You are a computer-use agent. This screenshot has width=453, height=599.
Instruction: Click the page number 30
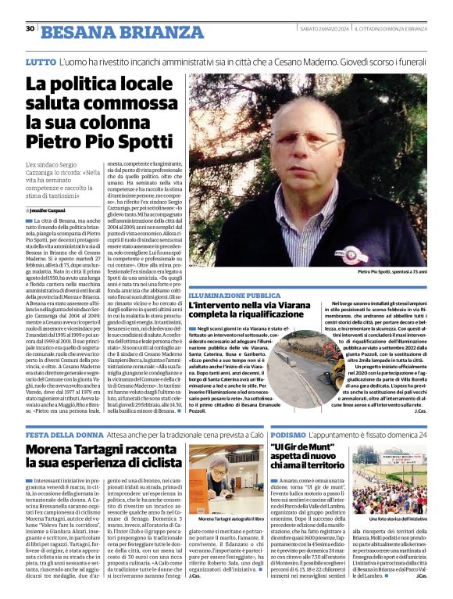click(x=30, y=28)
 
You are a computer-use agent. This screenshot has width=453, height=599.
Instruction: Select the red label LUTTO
click(x=40, y=61)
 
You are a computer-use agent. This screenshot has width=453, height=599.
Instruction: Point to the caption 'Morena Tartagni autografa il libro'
click(x=226, y=519)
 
